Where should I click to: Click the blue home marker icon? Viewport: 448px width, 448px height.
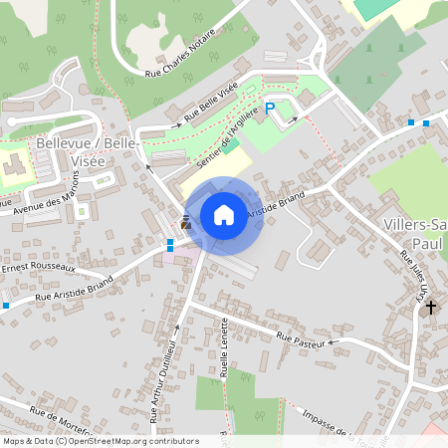pyautogui.click(x=224, y=215)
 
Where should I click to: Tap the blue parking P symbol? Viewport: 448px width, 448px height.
pyautogui.click(x=270, y=109)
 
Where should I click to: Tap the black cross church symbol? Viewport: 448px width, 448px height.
pyautogui.click(x=430, y=309)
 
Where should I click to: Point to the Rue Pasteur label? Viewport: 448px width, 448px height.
pyautogui.click(x=303, y=341)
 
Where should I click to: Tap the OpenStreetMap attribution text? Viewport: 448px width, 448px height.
pyautogui.click(x=101, y=440)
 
